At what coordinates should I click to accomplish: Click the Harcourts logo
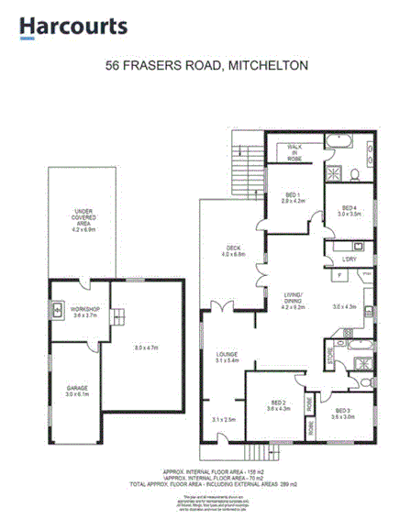click(x=73, y=28)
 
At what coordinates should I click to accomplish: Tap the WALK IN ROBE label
click(x=294, y=152)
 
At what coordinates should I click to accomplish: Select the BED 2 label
click(x=279, y=403)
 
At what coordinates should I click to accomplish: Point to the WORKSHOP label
click(x=84, y=309)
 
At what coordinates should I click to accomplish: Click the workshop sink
click(x=57, y=309)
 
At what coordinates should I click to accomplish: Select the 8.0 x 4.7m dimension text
click(x=147, y=348)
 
